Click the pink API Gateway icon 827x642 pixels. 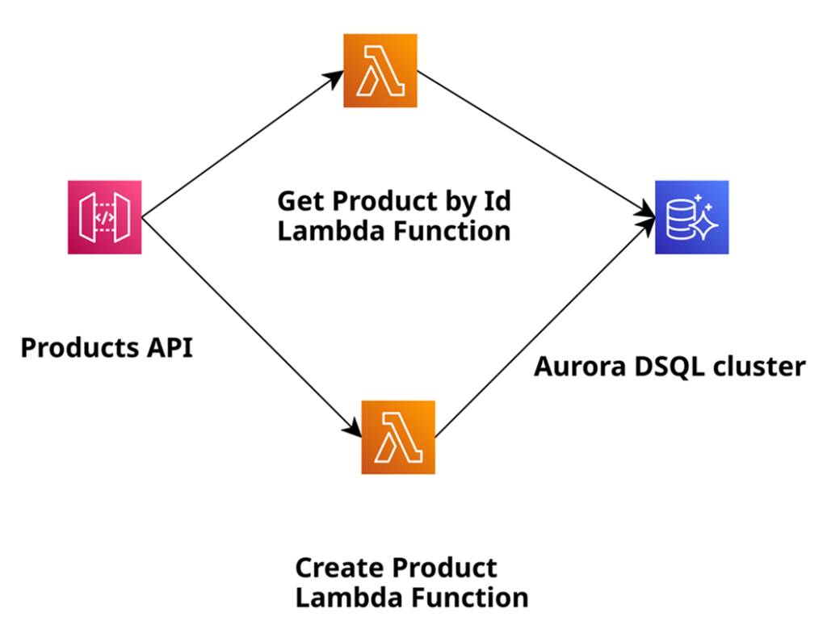tap(104, 217)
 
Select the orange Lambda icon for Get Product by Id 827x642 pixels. tap(380, 70)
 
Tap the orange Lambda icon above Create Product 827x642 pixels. tap(398, 437)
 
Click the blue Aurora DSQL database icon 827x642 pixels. tap(691, 217)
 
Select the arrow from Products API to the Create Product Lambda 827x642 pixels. tap(250, 324)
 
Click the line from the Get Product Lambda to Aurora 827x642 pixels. tap(533, 141)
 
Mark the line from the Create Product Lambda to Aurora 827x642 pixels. tap(541, 330)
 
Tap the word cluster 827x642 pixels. tap(762, 367)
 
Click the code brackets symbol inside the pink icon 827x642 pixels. tap(104, 217)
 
